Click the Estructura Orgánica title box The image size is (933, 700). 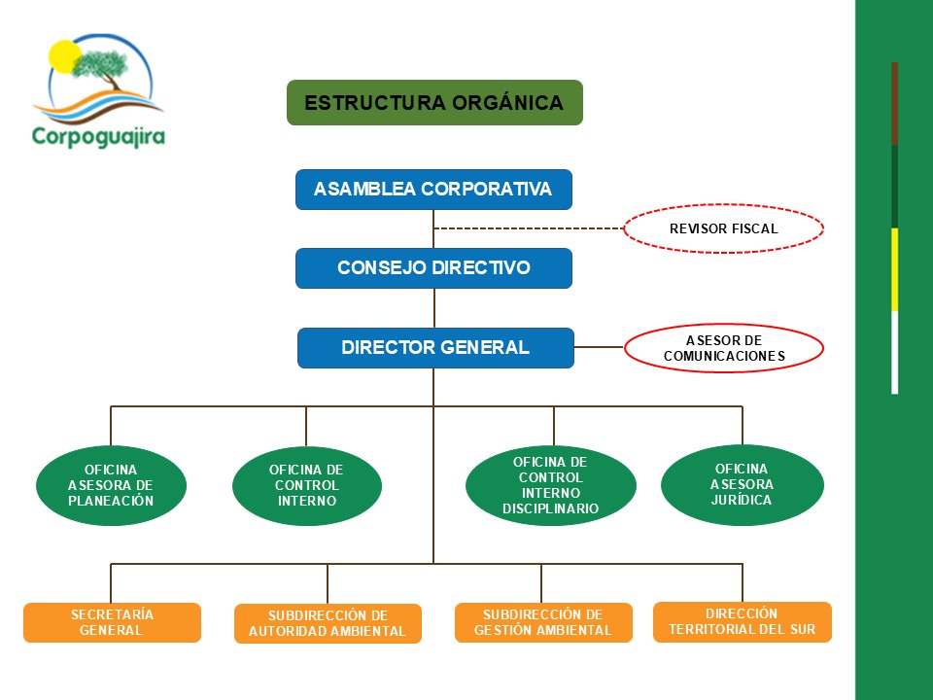[x=434, y=102]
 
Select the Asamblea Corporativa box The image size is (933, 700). [x=433, y=190]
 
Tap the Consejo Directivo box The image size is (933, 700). [x=433, y=267]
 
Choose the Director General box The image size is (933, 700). [x=435, y=347]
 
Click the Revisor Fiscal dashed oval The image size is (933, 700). [x=723, y=229]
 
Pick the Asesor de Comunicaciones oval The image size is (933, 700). [x=723, y=348]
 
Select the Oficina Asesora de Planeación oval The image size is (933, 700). [x=111, y=485]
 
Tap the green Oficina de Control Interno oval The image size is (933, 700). [x=306, y=485]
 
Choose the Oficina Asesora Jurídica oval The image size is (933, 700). [x=742, y=484]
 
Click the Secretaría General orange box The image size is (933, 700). [x=112, y=622]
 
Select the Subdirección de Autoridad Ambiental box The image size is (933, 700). [x=328, y=623]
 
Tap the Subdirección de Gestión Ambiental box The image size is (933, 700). [x=542, y=622]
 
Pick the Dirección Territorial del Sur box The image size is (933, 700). [x=742, y=621]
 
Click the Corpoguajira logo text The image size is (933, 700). [x=98, y=136]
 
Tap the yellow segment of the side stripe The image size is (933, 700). [x=894, y=269]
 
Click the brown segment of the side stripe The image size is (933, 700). [x=894, y=103]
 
